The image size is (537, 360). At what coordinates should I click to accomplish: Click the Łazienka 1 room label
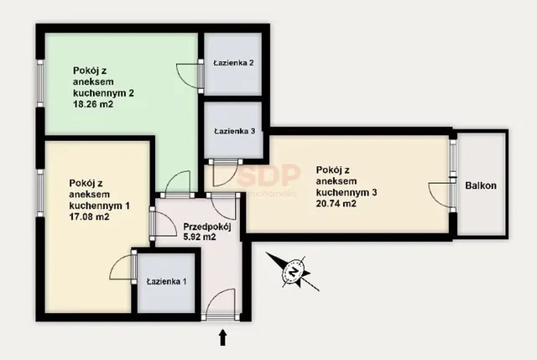pyautogui.click(x=166, y=282)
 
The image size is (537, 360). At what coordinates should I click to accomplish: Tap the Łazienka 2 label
pyautogui.click(x=233, y=63)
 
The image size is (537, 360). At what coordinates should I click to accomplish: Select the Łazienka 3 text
pyautogui.click(x=235, y=131)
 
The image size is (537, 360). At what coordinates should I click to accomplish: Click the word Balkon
pyautogui.click(x=481, y=185)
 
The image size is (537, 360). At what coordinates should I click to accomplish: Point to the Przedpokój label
pyautogui.click(x=207, y=227)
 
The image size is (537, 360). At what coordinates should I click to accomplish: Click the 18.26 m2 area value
pyautogui.click(x=93, y=104)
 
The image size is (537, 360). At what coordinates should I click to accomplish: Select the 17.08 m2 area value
pyautogui.click(x=90, y=217)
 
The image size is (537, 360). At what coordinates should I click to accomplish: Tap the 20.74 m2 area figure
pyautogui.click(x=336, y=203)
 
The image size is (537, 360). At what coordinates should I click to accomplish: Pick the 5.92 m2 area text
pyautogui.click(x=200, y=237)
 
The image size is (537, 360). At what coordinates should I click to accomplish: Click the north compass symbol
pyautogui.click(x=293, y=272)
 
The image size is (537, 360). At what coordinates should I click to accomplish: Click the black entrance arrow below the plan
pyautogui.click(x=223, y=337)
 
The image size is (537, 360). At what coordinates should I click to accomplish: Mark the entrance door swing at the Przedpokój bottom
pyautogui.click(x=221, y=301)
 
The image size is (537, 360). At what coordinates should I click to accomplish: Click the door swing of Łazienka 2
pyautogui.click(x=188, y=76)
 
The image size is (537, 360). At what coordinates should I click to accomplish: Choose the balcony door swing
pyautogui.click(x=440, y=195)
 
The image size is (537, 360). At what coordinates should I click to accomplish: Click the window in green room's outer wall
pyautogui.click(x=40, y=84)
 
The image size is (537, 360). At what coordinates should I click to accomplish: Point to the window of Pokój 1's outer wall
pyautogui.click(x=40, y=193)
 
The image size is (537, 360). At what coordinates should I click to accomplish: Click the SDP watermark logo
pyautogui.click(x=268, y=175)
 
